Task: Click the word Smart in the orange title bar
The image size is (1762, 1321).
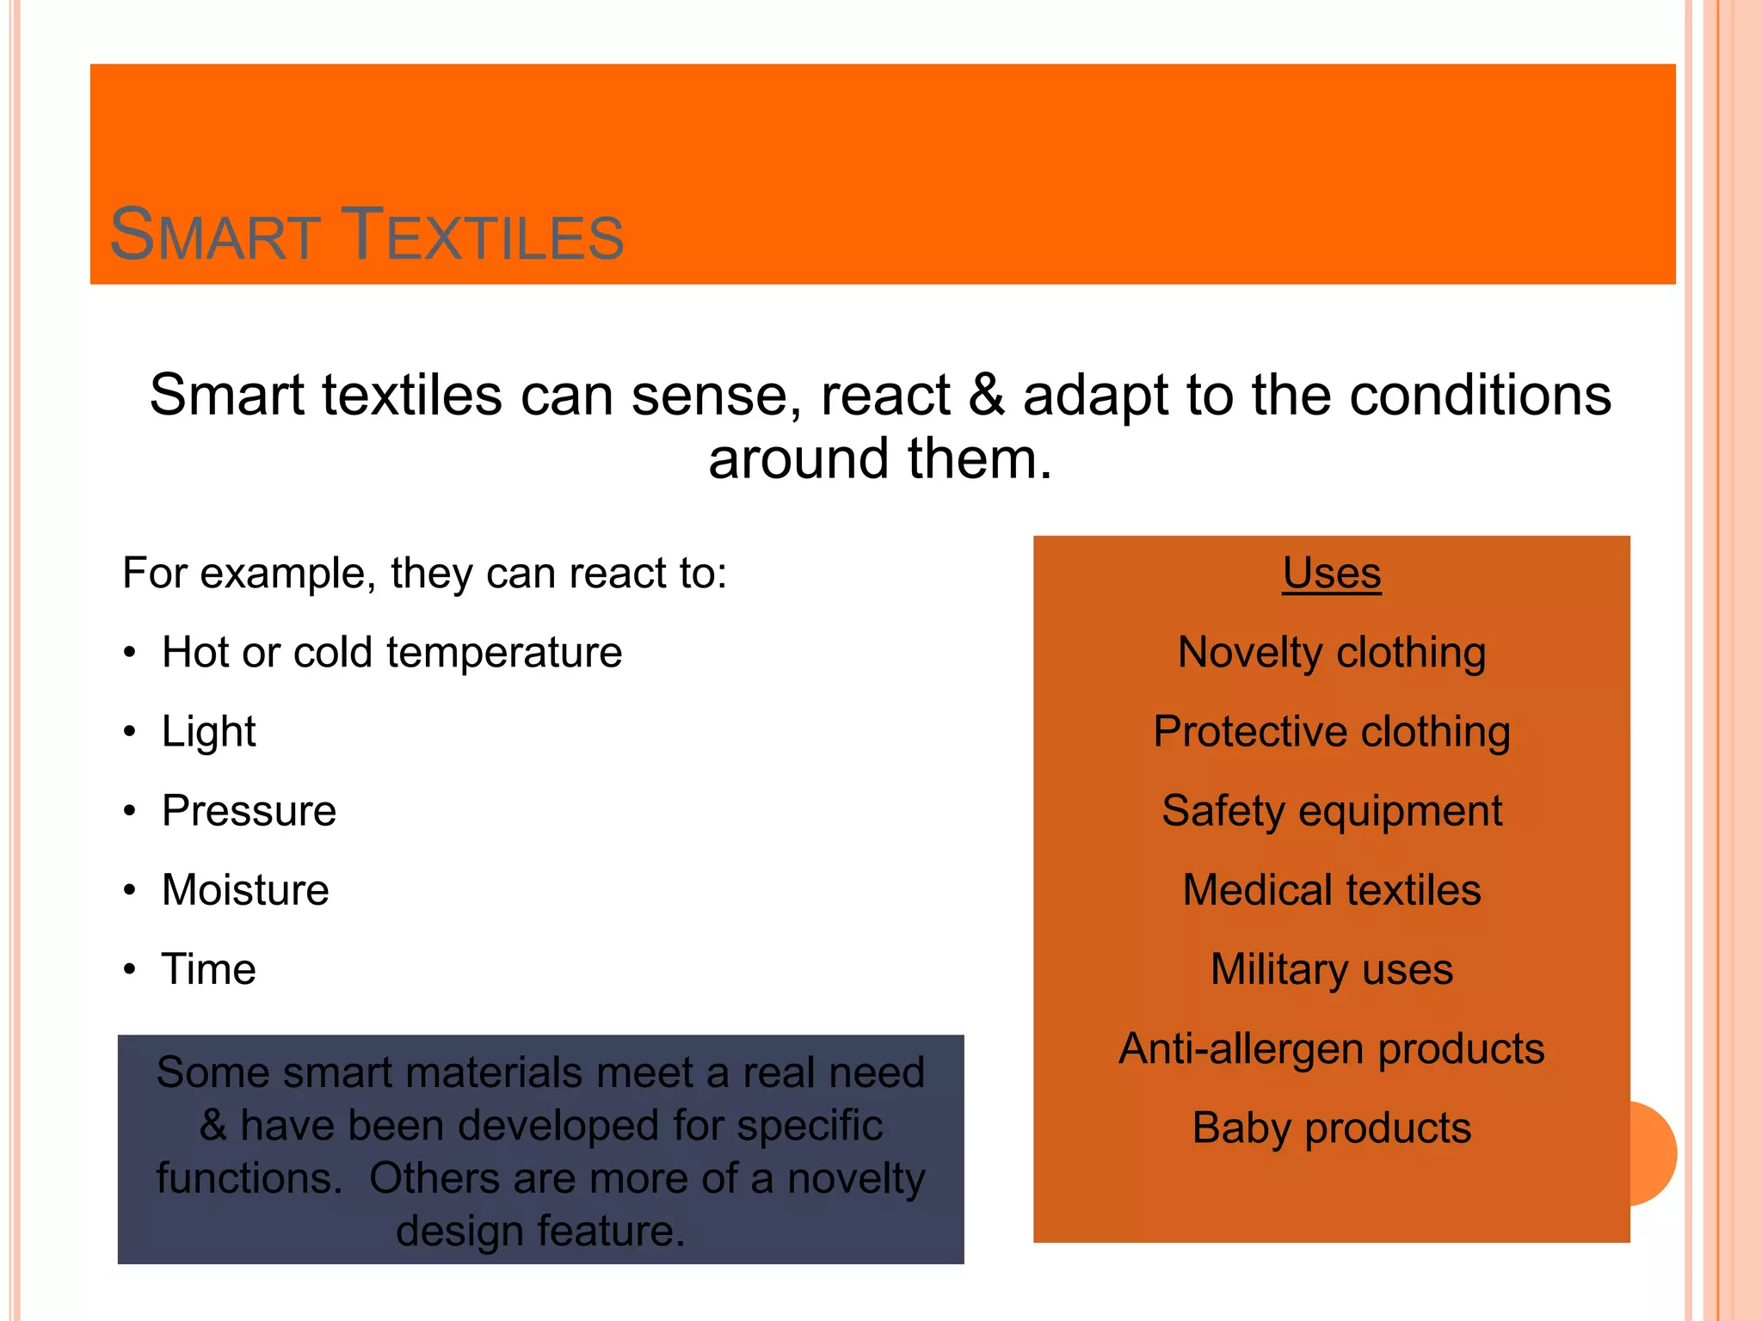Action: [215, 236]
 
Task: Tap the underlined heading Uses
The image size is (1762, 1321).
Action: [1331, 574]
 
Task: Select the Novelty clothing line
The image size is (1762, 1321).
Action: [1331, 653]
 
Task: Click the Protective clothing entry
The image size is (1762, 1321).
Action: [1331, 732]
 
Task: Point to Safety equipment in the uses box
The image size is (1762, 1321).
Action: [1331, 811]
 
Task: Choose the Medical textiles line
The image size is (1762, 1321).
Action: [1331, 890]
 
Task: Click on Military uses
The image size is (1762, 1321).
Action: [1331, 969]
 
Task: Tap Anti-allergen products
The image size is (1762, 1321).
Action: [1331, 1049]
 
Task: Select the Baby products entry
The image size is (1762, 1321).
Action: [1331, 1128]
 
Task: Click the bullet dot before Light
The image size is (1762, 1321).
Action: [130, 733]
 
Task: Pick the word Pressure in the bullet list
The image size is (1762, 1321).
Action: [249, 811]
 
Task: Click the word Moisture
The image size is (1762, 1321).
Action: [245, 890]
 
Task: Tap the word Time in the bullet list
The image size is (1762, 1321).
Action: [209, 969]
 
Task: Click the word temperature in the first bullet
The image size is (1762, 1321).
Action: [504, 653]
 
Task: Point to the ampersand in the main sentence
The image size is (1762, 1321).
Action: [986, 396]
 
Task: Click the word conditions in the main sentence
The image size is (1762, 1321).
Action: [1480, 396]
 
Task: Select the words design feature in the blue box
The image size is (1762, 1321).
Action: [540, 1231]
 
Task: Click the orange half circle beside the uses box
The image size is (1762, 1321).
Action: [1654, 1153]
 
